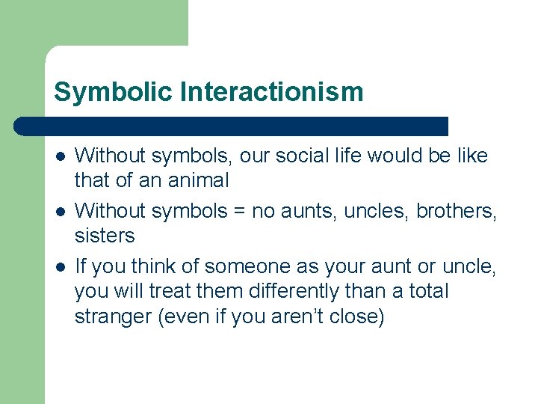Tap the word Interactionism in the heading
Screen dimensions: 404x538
(271, 92)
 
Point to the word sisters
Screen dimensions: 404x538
(105, 236)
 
